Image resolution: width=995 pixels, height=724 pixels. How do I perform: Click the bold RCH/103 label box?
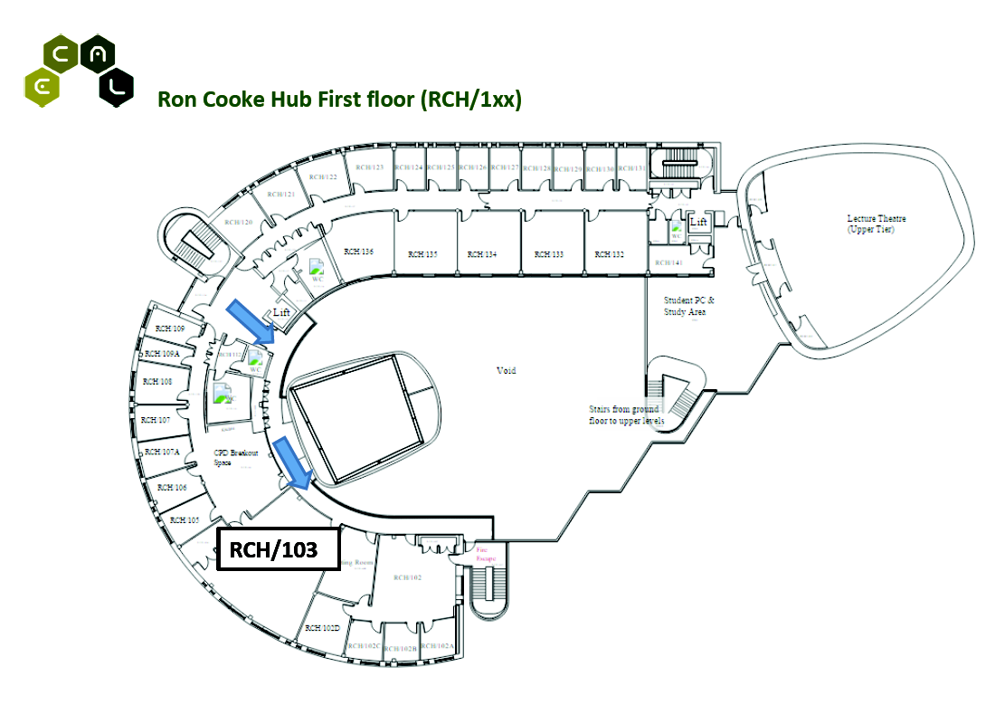pos(279,549)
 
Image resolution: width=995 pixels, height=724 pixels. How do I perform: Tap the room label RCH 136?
pos(357,252)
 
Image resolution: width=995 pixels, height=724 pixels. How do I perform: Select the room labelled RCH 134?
pos(481,255)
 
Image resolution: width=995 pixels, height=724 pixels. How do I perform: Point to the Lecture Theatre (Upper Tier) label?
pos(876,224)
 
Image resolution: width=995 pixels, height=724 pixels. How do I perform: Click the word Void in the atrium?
pos(507,370)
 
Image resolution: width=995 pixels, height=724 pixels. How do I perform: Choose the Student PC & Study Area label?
pos(688,306)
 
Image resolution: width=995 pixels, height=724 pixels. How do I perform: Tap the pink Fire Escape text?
pos(485,553)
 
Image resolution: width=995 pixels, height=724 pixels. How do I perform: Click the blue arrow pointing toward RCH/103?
pos(293,461)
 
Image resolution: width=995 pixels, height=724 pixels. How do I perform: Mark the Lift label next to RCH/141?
pos(698,221)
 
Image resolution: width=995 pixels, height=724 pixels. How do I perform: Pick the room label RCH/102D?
pos(322,627)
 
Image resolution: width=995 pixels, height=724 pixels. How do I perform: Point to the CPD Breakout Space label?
pos(235,457)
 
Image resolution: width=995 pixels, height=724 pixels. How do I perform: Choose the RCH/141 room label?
pos(670,262)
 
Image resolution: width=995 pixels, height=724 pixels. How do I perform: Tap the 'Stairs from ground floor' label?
pos(625,414)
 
